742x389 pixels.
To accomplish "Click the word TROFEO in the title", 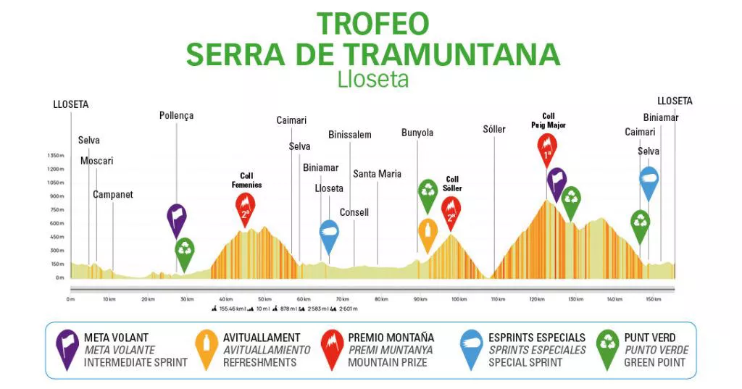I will click(x=372, y=24).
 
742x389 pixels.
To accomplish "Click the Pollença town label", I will click(x=176, y=115).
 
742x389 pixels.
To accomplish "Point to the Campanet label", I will click(x=112, y=195).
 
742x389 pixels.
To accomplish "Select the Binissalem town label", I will click(x=349, y=135).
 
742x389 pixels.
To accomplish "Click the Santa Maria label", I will click(x=377, y=174).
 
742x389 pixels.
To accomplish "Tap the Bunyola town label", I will click(x=417, y=133).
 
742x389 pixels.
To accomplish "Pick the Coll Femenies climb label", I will click(x=246, y=180).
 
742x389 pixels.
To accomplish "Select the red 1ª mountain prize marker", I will click(x=548, y=150).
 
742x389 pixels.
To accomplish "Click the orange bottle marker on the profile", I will click(x=428, y=233).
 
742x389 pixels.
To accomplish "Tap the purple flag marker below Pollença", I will click(x=176, y=218).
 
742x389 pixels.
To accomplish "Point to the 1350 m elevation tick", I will click(x=56, y=156).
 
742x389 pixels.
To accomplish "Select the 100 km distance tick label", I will click(x=458, y=299).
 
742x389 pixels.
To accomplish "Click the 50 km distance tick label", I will click(x=264, y=299).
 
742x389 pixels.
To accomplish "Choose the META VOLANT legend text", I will click(x=116, y=338).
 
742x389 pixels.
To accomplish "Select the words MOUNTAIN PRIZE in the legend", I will click(x=391, y=362).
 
